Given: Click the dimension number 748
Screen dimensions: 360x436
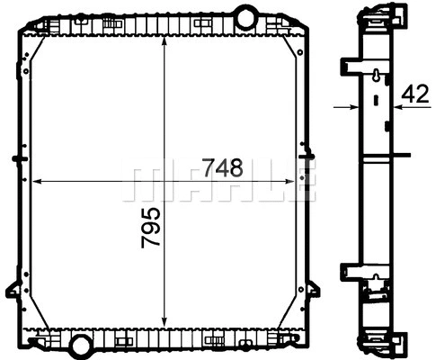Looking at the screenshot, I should pos(223,167).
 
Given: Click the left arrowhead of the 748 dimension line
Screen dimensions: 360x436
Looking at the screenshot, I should pos(40,181).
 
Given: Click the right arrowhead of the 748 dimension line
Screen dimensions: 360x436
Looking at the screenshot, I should pos(291,181).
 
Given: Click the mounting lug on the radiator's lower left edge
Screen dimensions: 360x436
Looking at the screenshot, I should pos(13,290).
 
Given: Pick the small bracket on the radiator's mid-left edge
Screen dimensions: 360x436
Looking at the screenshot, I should pos(16,160).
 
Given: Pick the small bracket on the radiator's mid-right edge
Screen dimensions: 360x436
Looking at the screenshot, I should pos(310,160).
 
